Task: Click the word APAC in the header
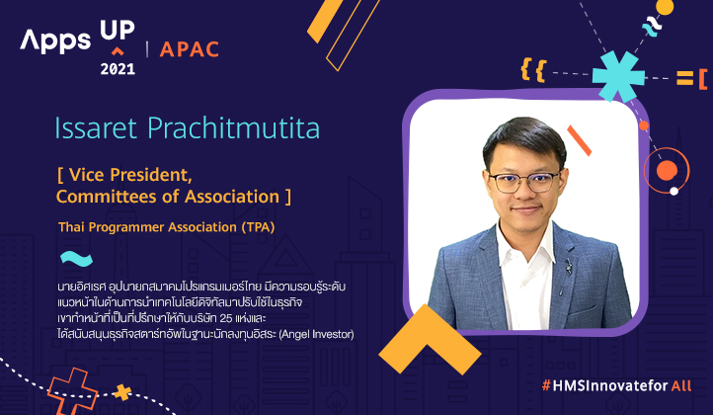(190, 49)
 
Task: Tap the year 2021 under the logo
(118, 69)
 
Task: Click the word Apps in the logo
(55, 41)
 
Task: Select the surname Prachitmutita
(234, 127)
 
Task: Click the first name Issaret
(96, 127)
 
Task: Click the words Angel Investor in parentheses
(316, 334)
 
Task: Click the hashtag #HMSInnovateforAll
(616, 386)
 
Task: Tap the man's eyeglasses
(523, 181)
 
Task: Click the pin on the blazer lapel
(568, 266)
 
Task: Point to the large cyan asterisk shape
(618, 76)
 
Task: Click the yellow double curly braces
(533, 69)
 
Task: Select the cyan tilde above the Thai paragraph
(76, 259)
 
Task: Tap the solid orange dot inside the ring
(667, 171)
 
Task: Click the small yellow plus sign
(121, 392)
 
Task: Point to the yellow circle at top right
(665, 7)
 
